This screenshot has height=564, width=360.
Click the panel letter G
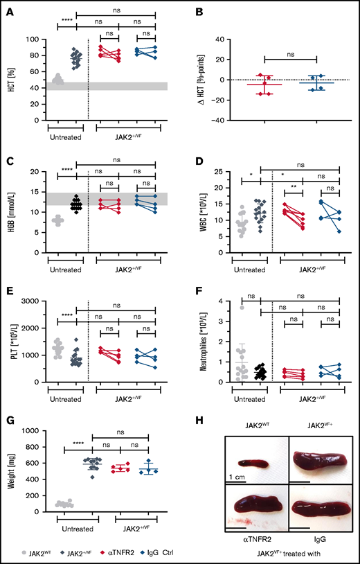pyautogui.click(x=6, y=422)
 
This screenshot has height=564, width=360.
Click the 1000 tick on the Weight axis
pyautogui.click(x=34, y=431)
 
